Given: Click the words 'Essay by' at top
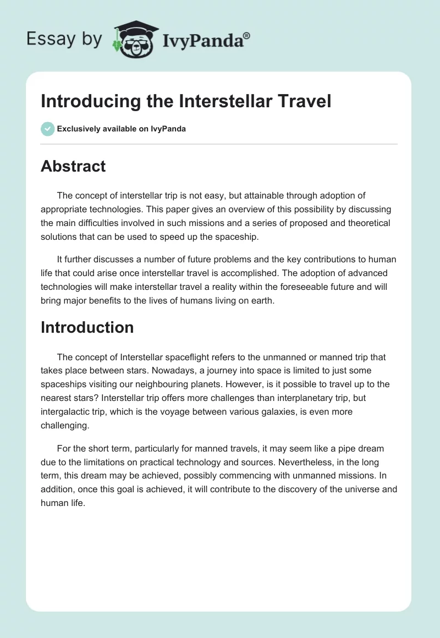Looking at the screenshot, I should [65, 38].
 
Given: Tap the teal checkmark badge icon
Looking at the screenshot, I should [47, 129].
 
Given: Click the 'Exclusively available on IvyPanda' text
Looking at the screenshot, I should [121, 129].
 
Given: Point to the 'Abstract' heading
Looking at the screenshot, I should [73, 166].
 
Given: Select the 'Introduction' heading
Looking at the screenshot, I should [87, 327].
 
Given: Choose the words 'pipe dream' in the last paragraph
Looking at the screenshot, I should [360, 449].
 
